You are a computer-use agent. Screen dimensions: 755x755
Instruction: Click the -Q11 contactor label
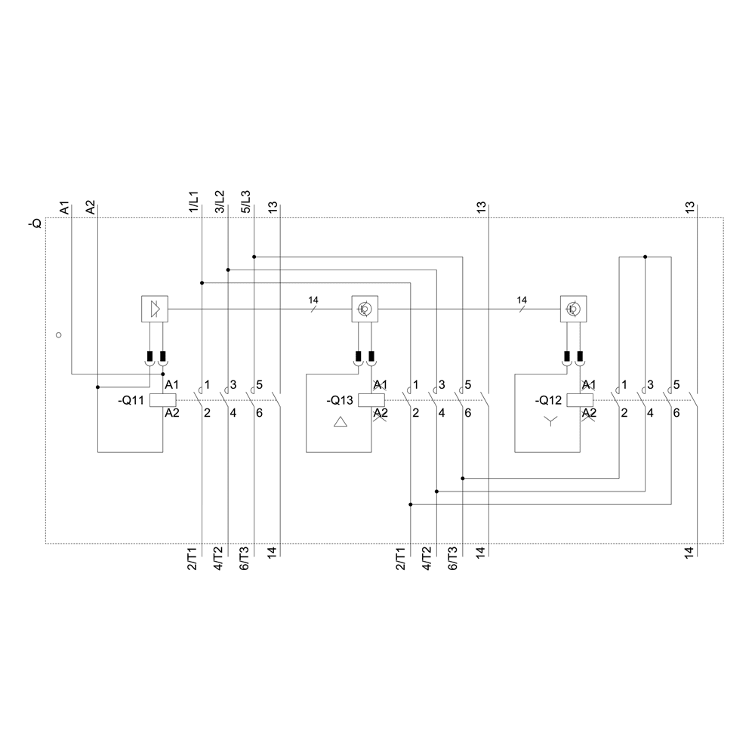coord(132,401)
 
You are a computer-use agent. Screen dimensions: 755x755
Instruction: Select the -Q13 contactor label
coord(340,401)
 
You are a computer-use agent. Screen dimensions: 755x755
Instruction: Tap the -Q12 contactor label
coord(548,401)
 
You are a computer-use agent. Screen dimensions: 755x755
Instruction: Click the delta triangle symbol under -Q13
coord(341,422)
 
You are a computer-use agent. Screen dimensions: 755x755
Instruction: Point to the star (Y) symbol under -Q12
coord(550,422)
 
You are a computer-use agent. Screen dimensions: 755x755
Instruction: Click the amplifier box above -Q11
coord(155,308)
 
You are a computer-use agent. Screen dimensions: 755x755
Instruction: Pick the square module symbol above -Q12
coord(573,309)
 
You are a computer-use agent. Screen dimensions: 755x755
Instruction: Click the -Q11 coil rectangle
coord(163,401)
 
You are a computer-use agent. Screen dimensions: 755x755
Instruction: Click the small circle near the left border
coord(59,334)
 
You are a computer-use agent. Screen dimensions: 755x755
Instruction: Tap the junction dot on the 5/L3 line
coord(254,257)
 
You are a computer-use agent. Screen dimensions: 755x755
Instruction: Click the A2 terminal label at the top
coord(91,208)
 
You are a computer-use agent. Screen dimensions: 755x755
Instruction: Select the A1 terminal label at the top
coord(65,208)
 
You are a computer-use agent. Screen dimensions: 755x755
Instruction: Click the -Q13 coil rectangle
coord(371,401)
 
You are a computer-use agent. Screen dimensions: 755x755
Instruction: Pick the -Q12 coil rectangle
coord(580,401)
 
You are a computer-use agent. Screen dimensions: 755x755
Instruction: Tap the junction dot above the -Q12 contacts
coord(646,257)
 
